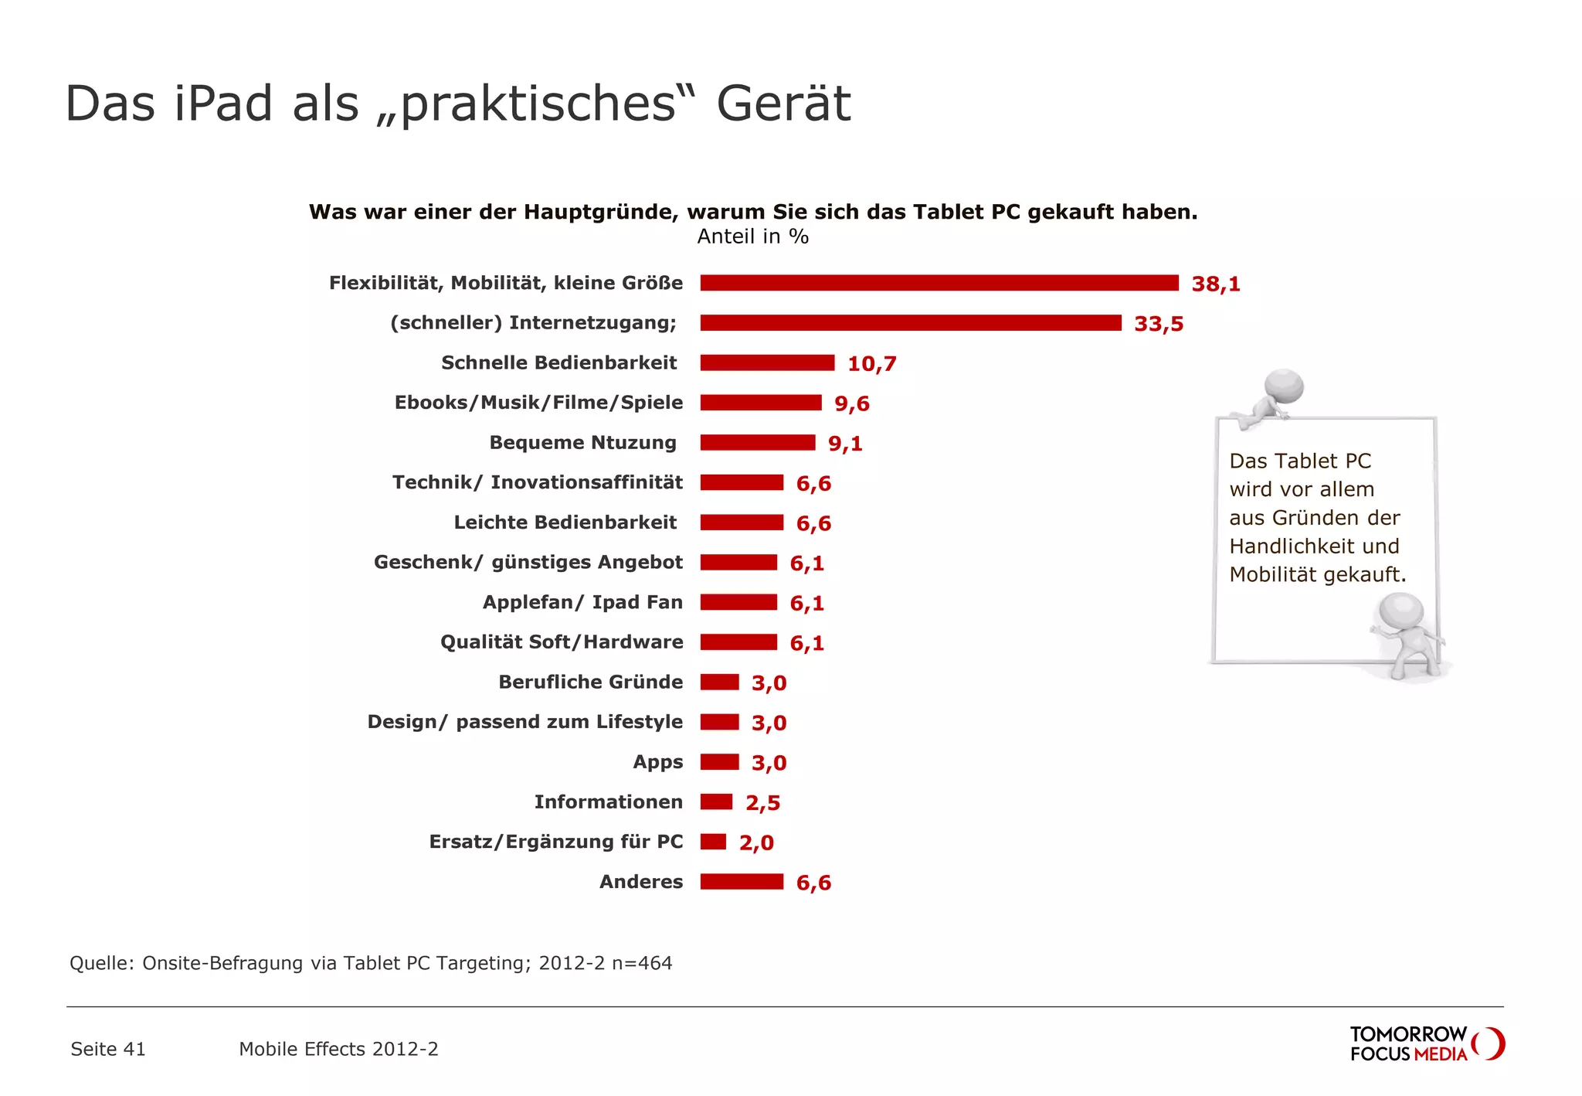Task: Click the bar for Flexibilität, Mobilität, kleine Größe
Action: pos(939,283)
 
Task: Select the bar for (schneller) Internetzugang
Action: pos(910,323)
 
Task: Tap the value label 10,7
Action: pos(871,364)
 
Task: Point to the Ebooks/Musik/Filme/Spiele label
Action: pos(538,403)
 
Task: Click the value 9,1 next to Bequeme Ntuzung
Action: pos(845,444)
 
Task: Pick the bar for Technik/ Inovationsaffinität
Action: pos(742,483)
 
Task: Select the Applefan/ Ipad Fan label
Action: pos(582,602)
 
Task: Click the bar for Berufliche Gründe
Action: pos(719,682)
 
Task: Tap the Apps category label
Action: pos(657,762)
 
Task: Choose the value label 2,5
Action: pos(762,803)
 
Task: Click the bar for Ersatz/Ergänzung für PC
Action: pos(713,842)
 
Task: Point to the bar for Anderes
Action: pos(742,882)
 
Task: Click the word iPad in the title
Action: pos(223,103)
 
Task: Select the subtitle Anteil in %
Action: pos(752,237)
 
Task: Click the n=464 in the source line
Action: pos(642,963)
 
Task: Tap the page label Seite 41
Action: pos(108,1049)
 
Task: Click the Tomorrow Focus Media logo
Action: pos(1426,1043)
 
